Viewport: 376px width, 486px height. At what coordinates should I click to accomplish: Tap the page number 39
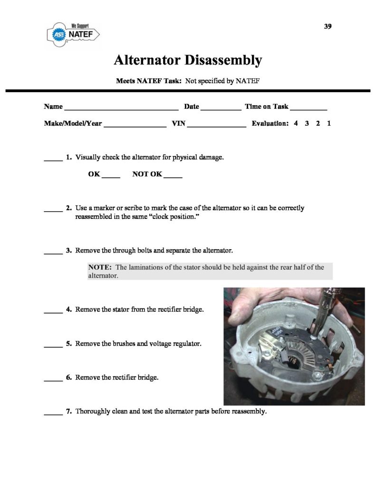pyautogui.click(x=328, y=27)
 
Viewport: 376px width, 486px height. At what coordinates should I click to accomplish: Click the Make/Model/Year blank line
pyautogui.click(x=135, y=125)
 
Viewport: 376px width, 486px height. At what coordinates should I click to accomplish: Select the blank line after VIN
pyautogui.click(x=217, y=125)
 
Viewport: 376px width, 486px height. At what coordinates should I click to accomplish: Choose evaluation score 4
pyautogui.click(x=296, y=123)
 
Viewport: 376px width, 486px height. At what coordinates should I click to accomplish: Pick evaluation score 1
pyautogui.click(x=329, y=123)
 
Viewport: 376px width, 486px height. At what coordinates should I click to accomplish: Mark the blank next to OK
pyautogui.click(x=111, y=176)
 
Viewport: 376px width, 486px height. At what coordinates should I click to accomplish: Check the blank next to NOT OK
pyautogui.click(x=173, y=176)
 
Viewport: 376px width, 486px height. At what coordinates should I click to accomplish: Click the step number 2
pyautogui.click(x=69, y=208)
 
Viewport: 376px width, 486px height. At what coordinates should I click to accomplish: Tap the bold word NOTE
pyautogui.click(x=99, y=267)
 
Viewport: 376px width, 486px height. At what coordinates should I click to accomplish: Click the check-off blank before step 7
pyautogui.click(x=53, y=413)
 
